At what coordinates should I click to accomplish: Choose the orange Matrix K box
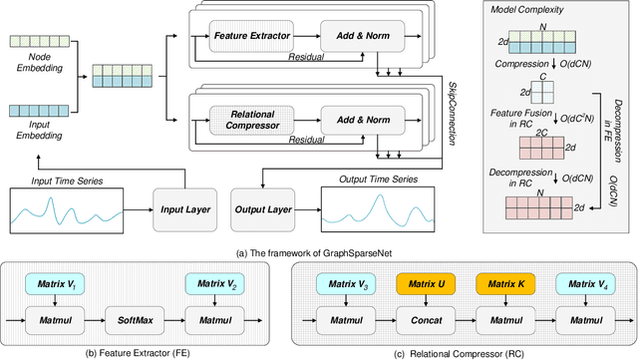(x=504, y=285)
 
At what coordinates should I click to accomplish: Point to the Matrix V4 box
(x=584, y=285)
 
